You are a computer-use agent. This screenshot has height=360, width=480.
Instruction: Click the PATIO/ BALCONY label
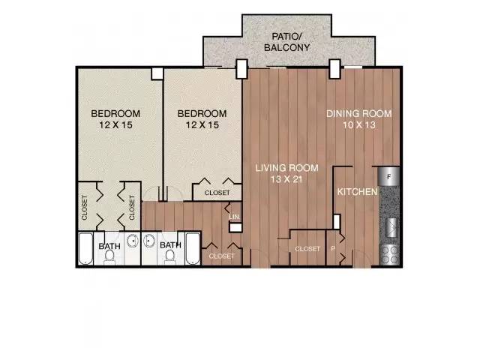286,42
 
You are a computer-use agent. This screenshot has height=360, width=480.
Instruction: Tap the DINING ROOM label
359,113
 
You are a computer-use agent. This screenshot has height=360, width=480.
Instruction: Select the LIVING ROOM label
286,168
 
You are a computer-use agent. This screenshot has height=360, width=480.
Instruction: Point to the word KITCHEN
357,192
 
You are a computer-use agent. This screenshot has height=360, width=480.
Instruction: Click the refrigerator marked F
389,176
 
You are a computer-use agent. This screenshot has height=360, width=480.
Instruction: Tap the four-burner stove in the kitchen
390,255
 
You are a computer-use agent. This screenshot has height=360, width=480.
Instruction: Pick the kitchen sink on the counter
391,226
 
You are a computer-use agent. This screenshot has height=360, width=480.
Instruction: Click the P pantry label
333,249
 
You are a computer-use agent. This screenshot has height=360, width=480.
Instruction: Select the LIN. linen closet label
235,217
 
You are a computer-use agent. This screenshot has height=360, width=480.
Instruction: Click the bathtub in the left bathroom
85,249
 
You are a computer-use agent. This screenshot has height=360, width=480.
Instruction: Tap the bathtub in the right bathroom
193,249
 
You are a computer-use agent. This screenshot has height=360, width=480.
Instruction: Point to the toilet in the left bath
109,256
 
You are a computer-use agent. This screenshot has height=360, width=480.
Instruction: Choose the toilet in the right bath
170,256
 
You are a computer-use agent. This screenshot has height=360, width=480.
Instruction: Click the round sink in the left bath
133,241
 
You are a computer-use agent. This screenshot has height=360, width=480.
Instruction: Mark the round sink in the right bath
149,241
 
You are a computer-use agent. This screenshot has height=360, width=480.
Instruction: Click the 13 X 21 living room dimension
286,179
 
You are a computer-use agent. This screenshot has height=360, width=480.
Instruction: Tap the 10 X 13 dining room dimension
359,125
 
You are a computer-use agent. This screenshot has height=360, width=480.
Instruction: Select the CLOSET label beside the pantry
307,249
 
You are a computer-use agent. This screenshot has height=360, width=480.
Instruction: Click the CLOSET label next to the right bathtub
222,256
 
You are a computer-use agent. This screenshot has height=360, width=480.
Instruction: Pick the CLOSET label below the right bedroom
217,193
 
